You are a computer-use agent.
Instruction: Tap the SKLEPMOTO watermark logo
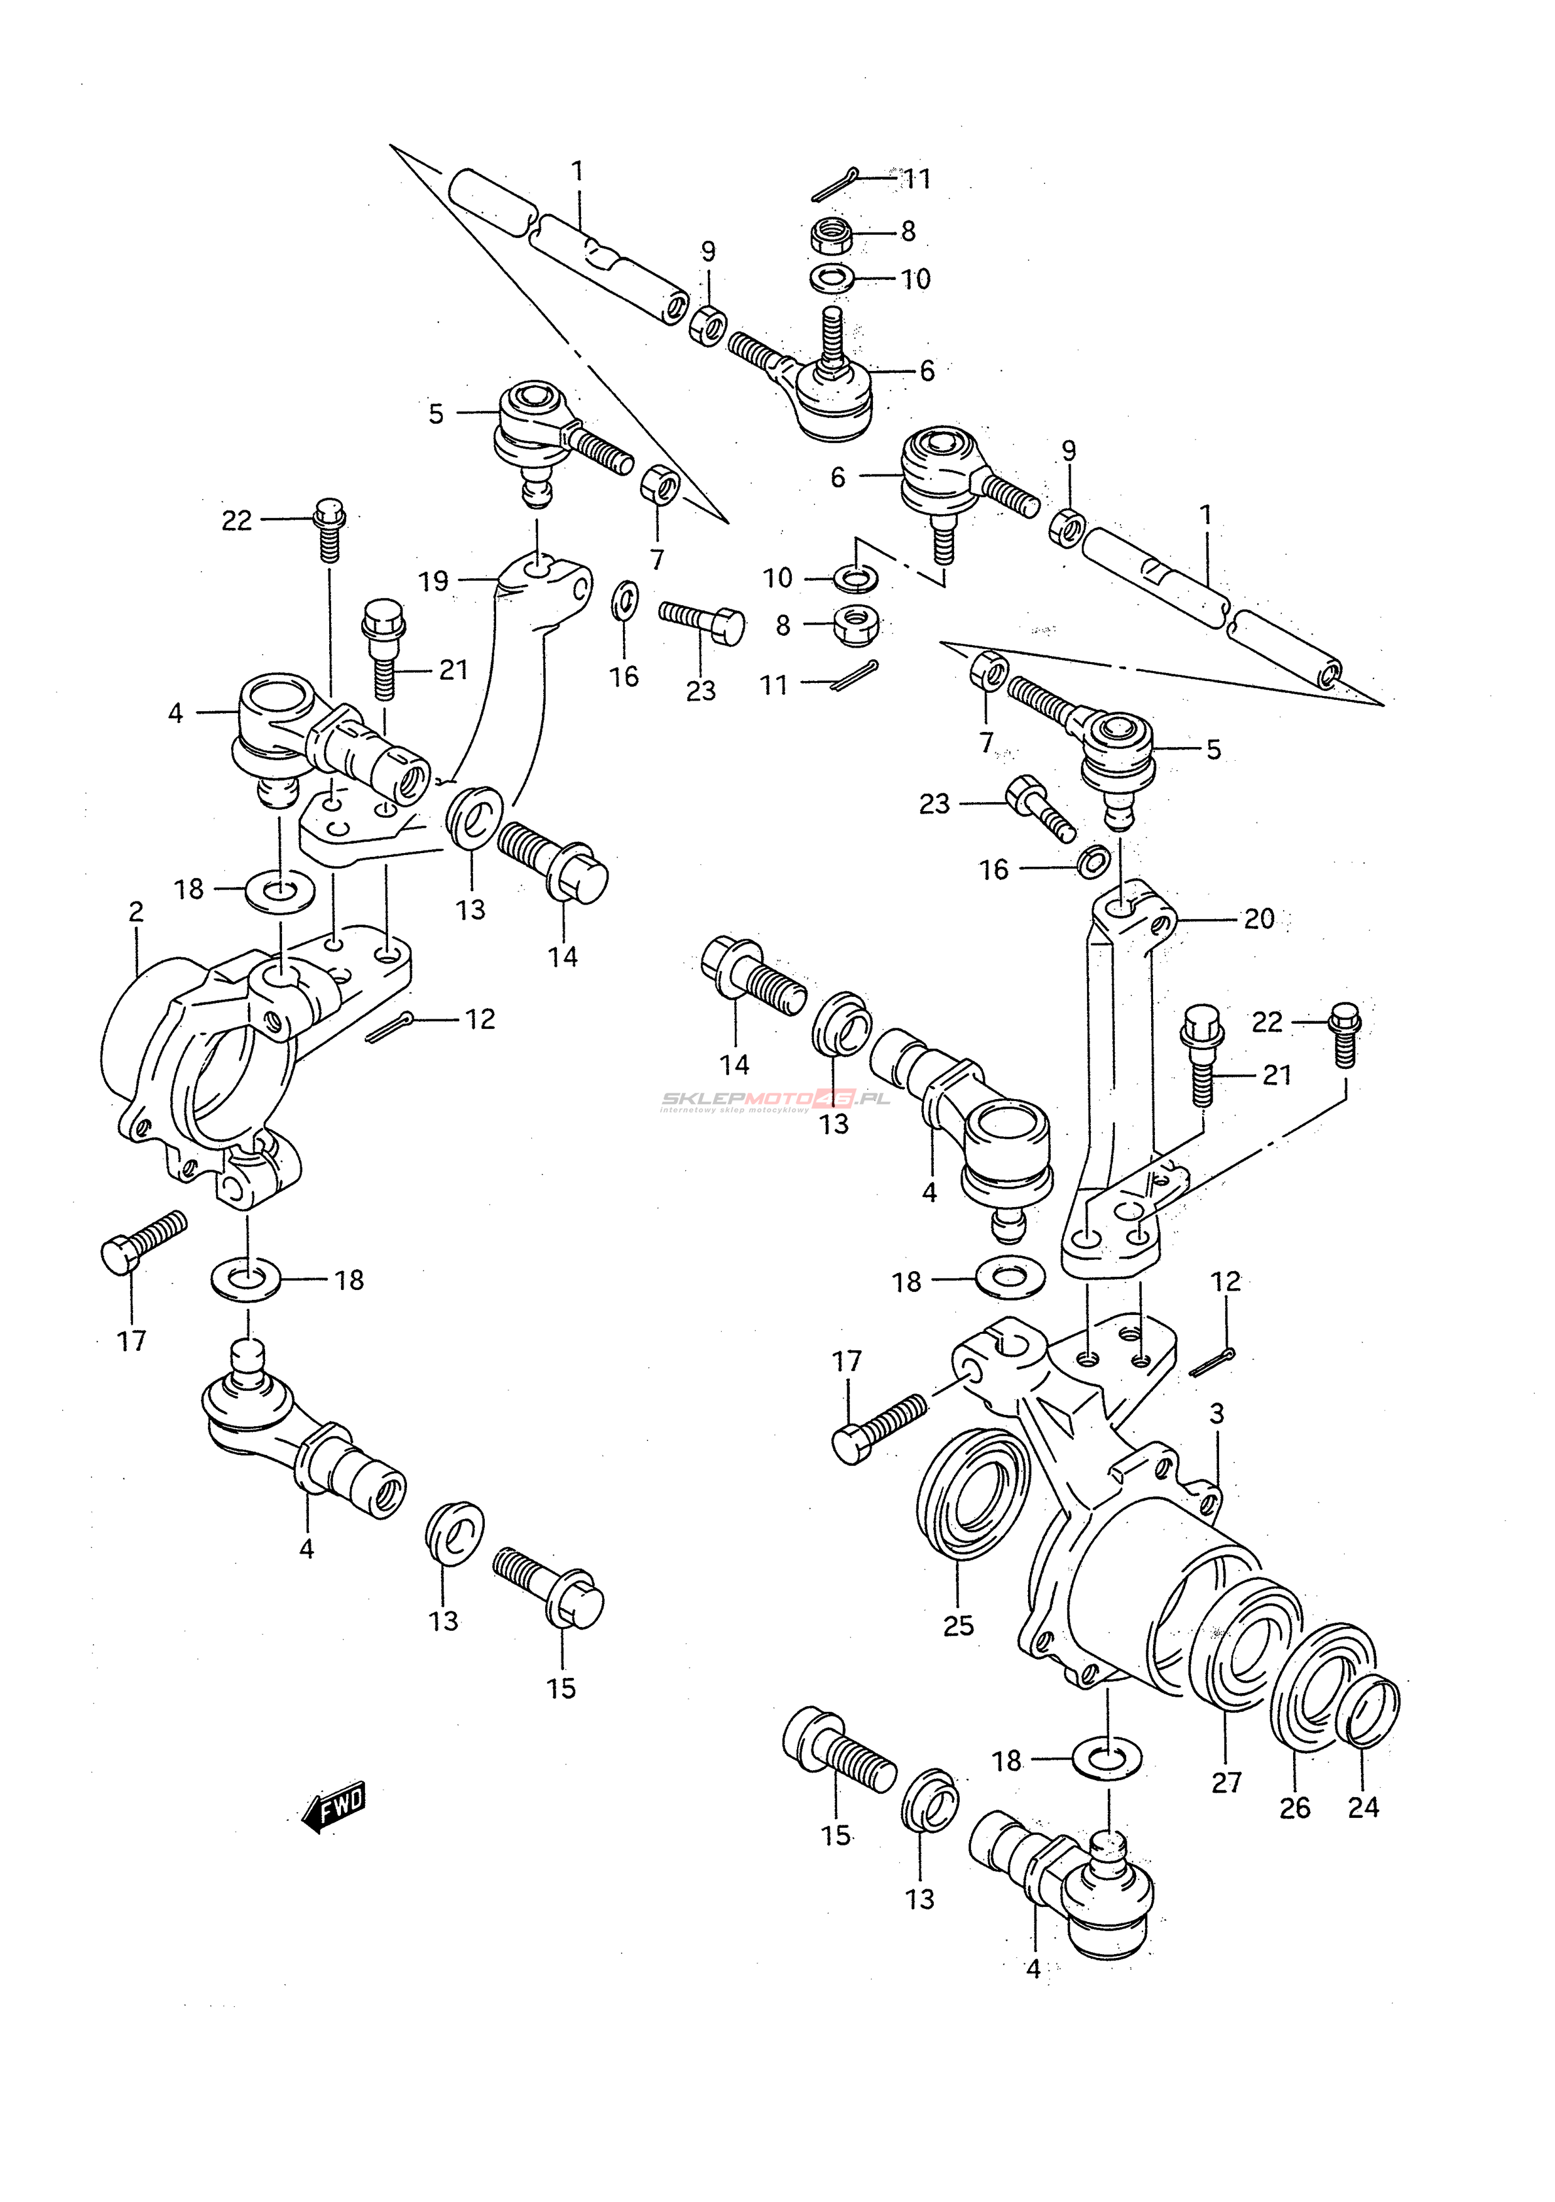tap(775, 1100)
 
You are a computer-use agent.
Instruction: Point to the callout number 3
tap(1217, 1413)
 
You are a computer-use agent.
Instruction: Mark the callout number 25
tap(958, 1625)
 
